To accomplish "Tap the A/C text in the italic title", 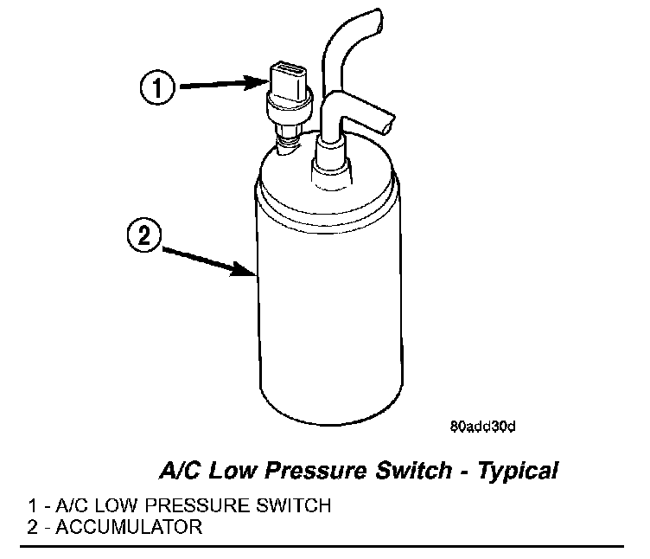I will [175, 472].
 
